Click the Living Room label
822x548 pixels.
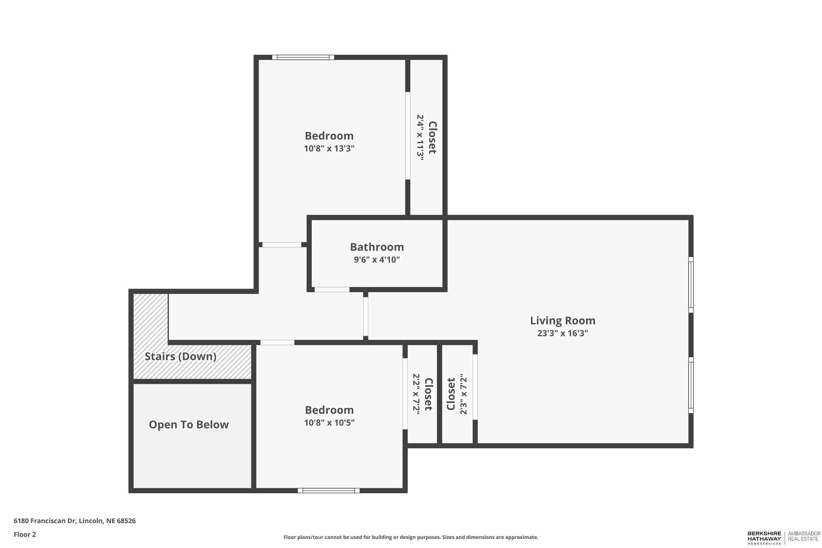pos(562,321)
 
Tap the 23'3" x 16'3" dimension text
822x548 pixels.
pos(562,333)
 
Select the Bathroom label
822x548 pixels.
pos(377,247)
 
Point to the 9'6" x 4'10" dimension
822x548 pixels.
pos(377,260)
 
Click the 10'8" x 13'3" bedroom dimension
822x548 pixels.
pos(329,149)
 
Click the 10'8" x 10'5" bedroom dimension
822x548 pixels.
pos(329,423)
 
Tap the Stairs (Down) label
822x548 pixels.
pos(180,356)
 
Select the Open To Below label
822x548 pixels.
pos(189,425)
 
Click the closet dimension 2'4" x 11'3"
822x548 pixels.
pos(420,137)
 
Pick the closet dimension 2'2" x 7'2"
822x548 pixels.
pos(416,394)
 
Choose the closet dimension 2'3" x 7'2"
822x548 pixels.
pos(463,394)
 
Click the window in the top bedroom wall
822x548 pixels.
pos(303,57)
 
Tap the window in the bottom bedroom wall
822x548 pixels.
pos(328,491)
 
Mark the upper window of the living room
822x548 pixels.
pos(690,284)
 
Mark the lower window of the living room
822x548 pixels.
pos(690,385)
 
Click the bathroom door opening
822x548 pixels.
pos(332,289)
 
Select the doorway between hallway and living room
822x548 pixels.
pos(365,317)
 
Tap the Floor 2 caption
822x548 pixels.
pos(25,535)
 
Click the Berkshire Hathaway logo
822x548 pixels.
pos(764,538)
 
